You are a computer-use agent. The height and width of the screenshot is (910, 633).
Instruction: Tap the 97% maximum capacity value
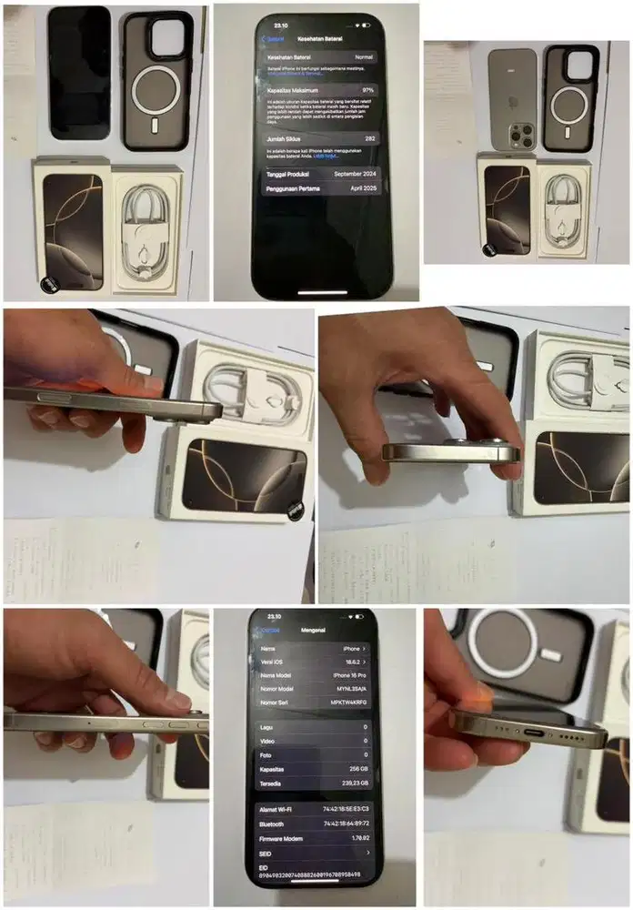coord(367,91)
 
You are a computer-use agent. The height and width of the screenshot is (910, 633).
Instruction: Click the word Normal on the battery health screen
coord(364,56)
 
